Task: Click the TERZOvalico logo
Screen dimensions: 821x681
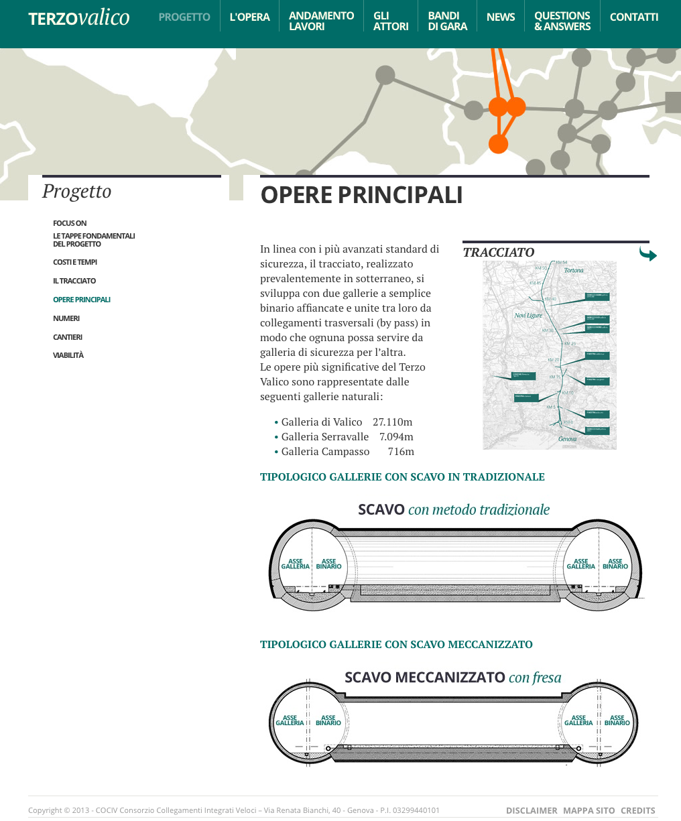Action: click(79, 17)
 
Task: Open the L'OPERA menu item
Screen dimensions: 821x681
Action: click(249, 17)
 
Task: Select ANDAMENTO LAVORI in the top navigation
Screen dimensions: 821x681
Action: click(321, 21)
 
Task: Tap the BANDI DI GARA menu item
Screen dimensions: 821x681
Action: click(447, 21)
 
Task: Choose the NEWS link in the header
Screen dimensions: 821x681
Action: click(501, 17)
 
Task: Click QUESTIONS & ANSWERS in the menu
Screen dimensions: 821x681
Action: click(562, 21)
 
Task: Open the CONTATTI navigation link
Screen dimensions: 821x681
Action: click(633, 17)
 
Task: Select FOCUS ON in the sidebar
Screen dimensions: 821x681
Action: click(70, 223)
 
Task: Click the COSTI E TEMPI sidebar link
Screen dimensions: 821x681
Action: click(75, 262)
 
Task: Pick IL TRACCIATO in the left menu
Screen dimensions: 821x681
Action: click(74, 281)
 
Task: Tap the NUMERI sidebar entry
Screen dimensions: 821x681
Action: click(66, 318)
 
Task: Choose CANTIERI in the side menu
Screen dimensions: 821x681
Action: click(68, 337)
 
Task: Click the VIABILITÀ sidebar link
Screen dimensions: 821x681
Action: click(68, 355)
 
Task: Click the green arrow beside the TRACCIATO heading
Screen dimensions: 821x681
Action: click(647, 254)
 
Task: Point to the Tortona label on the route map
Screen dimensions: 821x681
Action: click(574, 270)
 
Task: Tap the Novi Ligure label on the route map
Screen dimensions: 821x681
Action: click(528, 315)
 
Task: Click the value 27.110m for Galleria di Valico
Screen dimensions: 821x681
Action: click(392, 422)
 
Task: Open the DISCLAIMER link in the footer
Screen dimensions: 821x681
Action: click(532, 810)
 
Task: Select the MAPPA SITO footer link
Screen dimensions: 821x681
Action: click(589, 810)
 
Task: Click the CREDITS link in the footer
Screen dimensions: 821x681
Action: click(637, 810)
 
